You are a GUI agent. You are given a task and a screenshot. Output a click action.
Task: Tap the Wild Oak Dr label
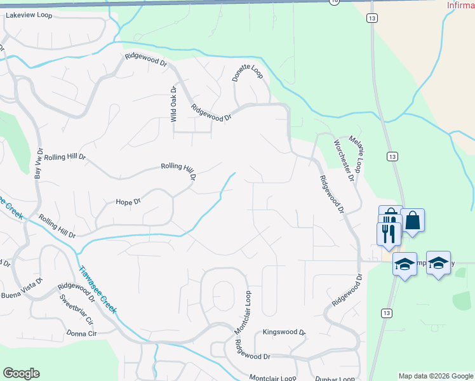point(172,104)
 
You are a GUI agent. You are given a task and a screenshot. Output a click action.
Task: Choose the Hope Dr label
point(128,202)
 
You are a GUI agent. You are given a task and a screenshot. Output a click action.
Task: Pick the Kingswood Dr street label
point(284,332)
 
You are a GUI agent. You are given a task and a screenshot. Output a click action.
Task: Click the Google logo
point(21,373)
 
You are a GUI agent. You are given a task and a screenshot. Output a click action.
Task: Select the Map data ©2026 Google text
point(435,376)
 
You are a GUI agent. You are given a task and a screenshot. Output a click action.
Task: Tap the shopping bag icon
point(413,221)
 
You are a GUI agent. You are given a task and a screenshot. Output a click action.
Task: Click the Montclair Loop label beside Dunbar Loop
point(272,377)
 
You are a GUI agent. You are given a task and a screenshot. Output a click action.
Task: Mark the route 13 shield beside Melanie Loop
point(392,156)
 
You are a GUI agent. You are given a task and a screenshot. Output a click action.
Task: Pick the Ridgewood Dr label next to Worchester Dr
point(331,194)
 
